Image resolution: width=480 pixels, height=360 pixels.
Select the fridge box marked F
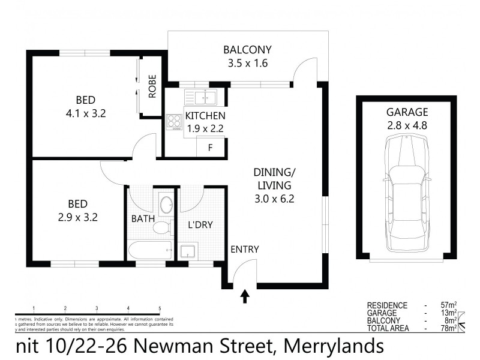[x=209, y=148]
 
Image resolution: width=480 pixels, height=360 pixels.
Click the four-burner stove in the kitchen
[x=175, y=122]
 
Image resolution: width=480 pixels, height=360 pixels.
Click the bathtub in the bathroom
[x=149, y=250]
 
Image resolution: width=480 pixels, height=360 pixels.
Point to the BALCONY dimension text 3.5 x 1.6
[x=247, y=61]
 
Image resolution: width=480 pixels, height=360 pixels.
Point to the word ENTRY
[x=244, y=249]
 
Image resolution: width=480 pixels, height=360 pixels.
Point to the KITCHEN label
[x=205, y=116]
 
